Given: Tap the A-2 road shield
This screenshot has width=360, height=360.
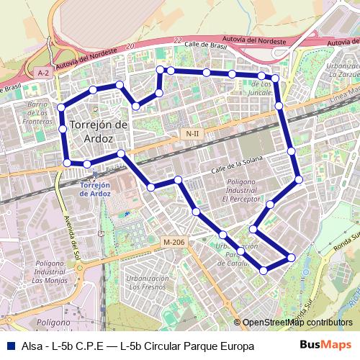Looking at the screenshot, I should click(x=43, y=73).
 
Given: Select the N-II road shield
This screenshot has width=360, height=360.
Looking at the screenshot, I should click(x=192, y=134).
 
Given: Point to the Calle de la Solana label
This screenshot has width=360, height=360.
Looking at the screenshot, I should click(x=234, y=165).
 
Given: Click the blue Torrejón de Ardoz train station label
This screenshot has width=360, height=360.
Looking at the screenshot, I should click(x=94, y=189).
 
